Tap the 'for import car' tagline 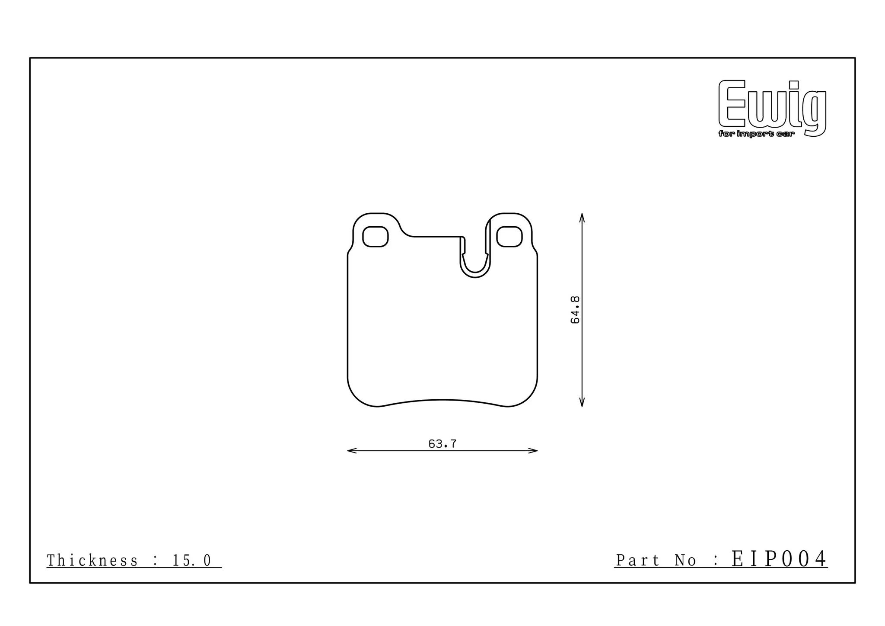[x=756, y=134]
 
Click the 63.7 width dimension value [x=442, y=444]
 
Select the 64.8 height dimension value [x=575, y=310]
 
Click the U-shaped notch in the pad [x=475, y=275]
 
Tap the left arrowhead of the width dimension [x=352, y=451]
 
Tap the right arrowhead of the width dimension [x=533, y=451]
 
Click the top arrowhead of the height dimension [x=582, y=218]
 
